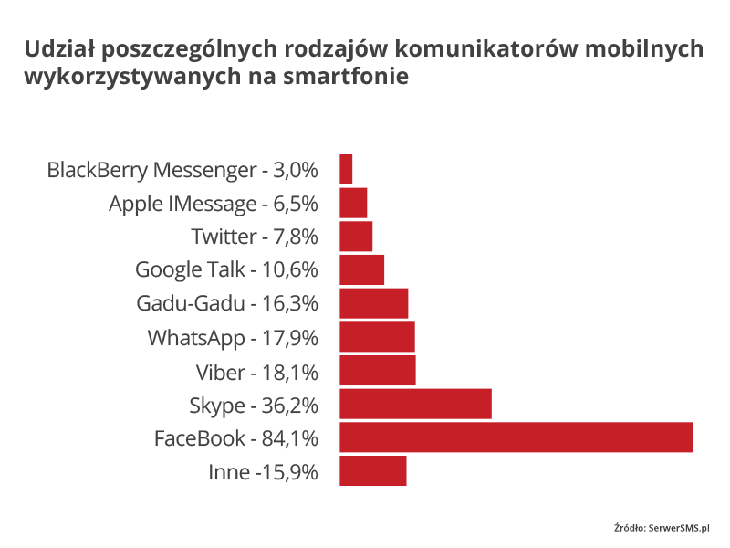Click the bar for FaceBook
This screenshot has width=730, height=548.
[x=516, y=437]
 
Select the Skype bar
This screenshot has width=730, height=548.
[x=415, y=404]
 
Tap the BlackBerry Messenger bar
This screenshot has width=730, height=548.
[x=346, y=169]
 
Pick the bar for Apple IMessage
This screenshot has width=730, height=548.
[x=353, y=203]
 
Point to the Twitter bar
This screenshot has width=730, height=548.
[x=356, y=237]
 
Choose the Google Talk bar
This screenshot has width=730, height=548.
[x=361, y=269]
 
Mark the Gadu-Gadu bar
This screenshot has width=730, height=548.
[x=373, y=303]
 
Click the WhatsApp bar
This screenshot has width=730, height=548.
[x=377, y=337]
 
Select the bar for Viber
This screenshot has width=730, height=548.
[x=377, y=370]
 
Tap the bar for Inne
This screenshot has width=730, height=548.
[x=372, y=471]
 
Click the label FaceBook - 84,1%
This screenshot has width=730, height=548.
[x=236, y=438]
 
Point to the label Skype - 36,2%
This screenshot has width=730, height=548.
[x=254, y=405]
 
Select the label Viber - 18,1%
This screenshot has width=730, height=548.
[x=257, y=371]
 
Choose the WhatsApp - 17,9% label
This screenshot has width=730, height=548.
[x=233, y=338]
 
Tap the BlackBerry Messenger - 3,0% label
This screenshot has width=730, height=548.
[x=182, y=170]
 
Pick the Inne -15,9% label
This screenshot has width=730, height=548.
[x=263, y=472]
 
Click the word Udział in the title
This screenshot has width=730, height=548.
[x=58, y=47]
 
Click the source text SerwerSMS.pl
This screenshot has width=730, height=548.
[x=679, y=527]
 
